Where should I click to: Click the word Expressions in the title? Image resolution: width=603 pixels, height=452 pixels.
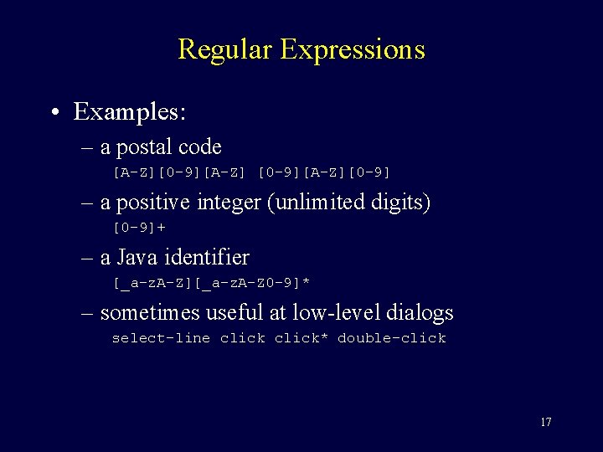tap(353, 49)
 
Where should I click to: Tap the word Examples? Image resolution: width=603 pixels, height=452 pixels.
tap(130, 110)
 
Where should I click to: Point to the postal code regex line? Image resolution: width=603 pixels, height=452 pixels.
tap(252, 172)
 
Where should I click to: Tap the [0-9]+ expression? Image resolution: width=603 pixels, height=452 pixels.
tap(139, 228)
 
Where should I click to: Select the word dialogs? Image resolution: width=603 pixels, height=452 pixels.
tap(420, 313)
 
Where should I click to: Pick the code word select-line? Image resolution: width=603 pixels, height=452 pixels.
tap(161, 338)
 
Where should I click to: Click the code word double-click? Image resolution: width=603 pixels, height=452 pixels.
tap(391, 338)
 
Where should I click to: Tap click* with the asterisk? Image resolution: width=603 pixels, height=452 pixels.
tap(301, 338)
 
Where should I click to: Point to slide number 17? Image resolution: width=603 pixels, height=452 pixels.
tap(546, 422)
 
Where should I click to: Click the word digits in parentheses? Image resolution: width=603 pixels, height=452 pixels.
tap(400, 203)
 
